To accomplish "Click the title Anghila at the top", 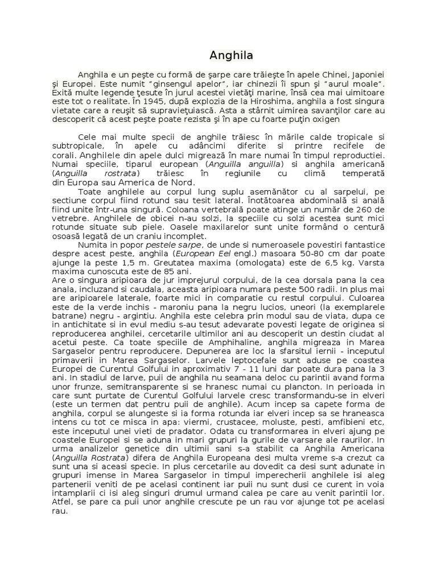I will pyautogui.click(x=231, y=56).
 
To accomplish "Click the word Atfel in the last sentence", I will pyautogui.click(x=62, y=502).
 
